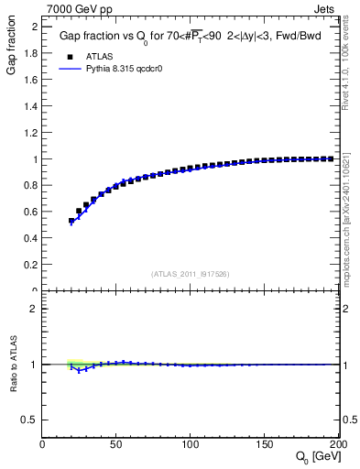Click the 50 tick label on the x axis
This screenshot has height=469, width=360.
tap(116, 444)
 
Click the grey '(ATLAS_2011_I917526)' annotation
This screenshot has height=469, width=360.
tap(190, 274)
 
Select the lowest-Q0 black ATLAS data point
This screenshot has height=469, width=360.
tap(71, 221)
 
